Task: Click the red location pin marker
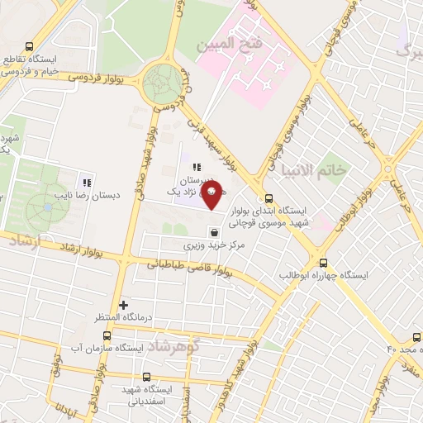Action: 211,196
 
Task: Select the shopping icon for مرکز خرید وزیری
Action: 215,232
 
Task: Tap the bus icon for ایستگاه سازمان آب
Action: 107,335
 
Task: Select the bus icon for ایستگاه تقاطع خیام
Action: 31,47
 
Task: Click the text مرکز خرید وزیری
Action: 215,246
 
